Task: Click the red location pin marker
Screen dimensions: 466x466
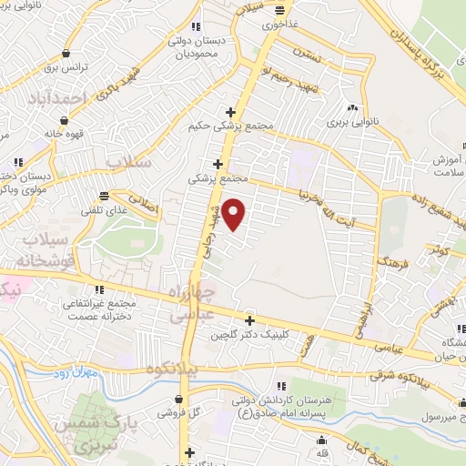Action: tap(235, 214)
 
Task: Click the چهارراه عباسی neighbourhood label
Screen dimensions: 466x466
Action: tap(193, 303)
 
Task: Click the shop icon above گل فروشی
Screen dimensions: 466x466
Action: tap(182, 400)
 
